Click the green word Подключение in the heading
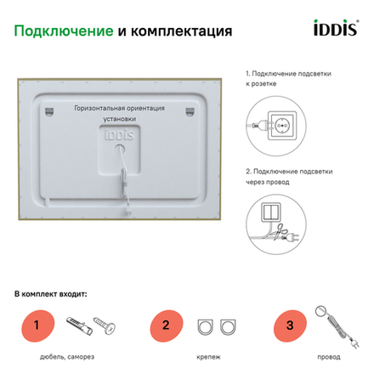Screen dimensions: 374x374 64,31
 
